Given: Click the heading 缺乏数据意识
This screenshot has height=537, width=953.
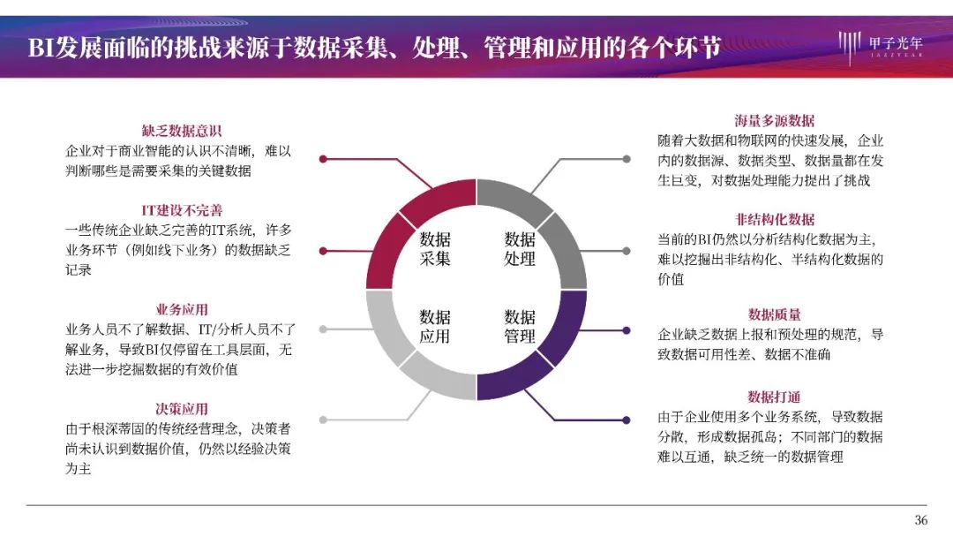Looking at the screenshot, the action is click(x=182, y=131).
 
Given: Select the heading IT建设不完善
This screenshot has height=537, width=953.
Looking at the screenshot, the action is click(x=182, y=210).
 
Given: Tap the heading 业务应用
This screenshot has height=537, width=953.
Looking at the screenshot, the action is click(x=182, y=309).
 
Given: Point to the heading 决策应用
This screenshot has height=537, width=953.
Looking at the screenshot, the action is click(x=182, y=409).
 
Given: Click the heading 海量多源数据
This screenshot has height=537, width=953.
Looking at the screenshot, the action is click(x=775, y=120).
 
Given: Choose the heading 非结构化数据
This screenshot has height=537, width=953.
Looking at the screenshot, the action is click(x=775, y=220).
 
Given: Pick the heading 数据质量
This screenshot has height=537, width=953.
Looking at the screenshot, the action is click(x=775, y=314).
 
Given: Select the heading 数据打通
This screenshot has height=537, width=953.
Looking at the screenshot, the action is click(x=775, y=397).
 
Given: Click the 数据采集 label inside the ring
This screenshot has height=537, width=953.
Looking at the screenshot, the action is click(x=435, y=249).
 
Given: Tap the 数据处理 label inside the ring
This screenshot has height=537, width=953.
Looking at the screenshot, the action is click(x=520, y=249).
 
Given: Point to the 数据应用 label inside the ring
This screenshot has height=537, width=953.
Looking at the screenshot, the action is click(x=435, y=327).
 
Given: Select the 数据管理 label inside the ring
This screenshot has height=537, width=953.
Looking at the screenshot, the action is click(x=520, y=327).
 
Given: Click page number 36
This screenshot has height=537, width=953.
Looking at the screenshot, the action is click(x=921, y=520).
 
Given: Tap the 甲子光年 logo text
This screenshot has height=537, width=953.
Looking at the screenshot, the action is click(x=896, y=43).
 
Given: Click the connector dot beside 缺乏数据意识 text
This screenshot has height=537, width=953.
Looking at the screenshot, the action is click(x=323, y=159).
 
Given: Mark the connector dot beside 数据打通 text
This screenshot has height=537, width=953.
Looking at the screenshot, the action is click(x=627, y=420).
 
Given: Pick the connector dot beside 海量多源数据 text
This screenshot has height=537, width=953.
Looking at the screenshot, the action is click(x=627, y=159).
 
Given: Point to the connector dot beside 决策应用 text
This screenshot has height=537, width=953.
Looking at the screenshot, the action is click(x=323, y=420).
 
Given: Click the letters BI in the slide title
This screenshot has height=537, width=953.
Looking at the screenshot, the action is click(x=41, y=47).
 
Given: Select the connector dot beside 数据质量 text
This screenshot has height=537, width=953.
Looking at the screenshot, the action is click(x=627, y=330).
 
